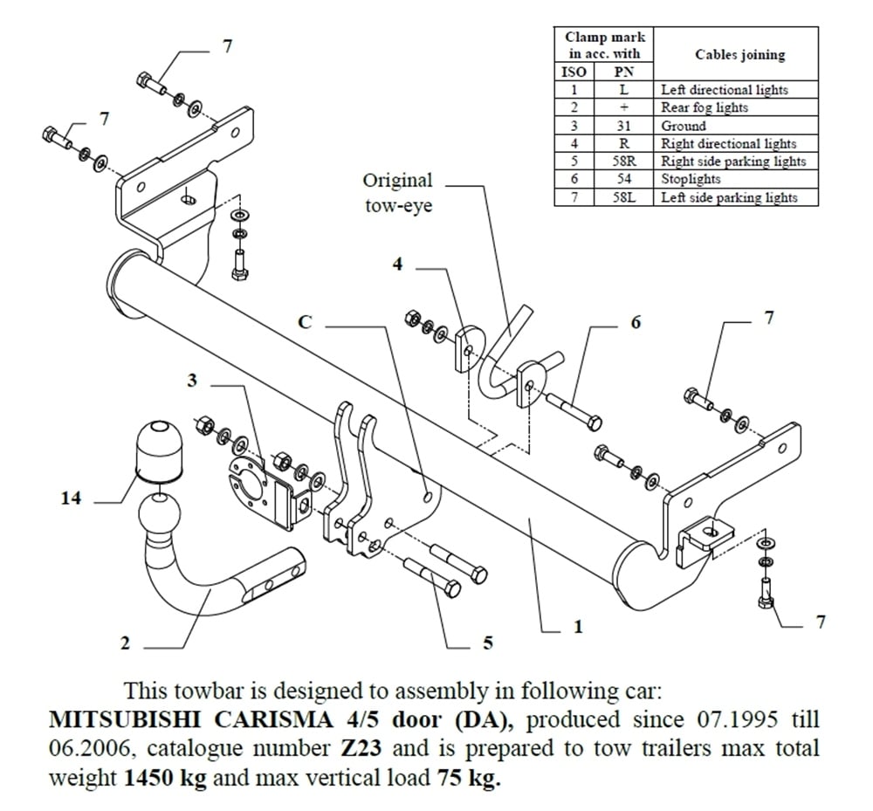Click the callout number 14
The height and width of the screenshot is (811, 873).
(71, 498)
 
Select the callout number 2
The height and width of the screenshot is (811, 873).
(125, 643)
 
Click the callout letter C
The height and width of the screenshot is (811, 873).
(305, 322)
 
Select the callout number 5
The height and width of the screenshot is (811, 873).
(487, 644)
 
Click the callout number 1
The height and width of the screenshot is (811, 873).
(577, 626)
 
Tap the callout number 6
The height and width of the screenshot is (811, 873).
(635, 322)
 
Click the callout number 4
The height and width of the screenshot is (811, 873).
(397, 263)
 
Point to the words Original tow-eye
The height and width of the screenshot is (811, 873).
(397, 193)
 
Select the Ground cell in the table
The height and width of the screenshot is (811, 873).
(684, 126)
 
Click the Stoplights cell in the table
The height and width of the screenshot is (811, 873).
(691, 179)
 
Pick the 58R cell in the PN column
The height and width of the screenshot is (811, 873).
(623, 162)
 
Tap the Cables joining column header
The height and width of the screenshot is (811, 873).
(739, 54)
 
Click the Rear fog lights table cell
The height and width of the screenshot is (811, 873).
(704, 107)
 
